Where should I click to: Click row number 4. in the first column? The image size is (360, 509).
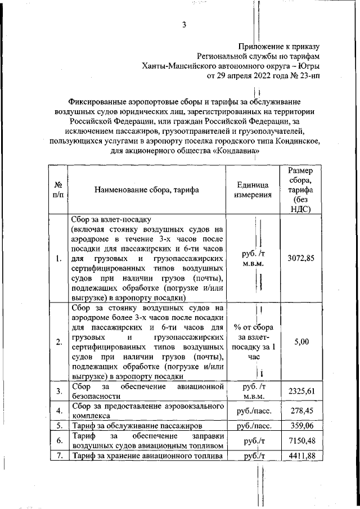point(58,411)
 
